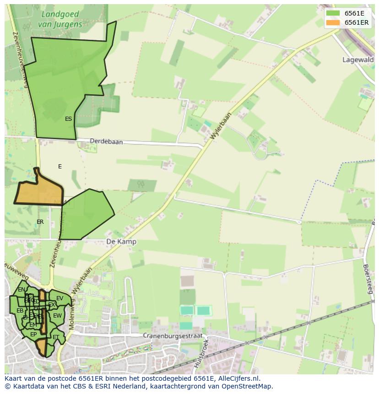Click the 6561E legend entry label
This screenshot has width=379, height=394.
pos(354,13)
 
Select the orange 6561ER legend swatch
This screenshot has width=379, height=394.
pos(333,22)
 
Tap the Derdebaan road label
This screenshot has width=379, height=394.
pos(106,142)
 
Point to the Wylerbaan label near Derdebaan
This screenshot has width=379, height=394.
pos(222,125)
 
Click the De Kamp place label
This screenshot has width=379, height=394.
pos(121,241)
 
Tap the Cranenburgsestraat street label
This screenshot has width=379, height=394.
pos(172,335)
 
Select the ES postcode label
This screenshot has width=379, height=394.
pos(68,119)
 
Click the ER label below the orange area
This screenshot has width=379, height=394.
pos(40,222)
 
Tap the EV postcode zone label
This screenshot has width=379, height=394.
pos(60,298)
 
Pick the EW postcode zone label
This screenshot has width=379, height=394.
pos(57,316)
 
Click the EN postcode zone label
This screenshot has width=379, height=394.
pos(22,290)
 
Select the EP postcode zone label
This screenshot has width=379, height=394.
pos(33,335)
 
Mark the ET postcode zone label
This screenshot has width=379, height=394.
pos(56,337)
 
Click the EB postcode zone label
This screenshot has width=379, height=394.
pos(20,311)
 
